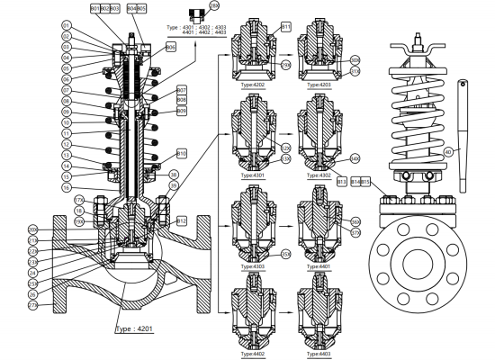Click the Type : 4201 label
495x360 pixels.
136,329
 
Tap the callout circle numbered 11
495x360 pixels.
66,132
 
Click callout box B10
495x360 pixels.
181,154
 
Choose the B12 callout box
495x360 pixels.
181,220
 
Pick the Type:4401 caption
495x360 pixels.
322,266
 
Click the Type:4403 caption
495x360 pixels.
322,355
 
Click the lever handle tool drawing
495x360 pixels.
463,135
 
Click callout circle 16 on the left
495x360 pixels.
66,187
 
